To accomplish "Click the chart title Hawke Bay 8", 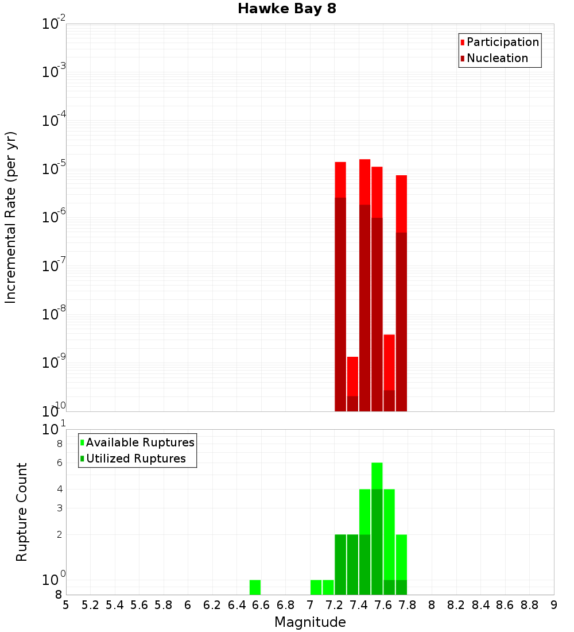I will coord(286,9).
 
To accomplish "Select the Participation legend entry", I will coord(503,42).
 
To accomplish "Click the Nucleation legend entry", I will coord(497,58).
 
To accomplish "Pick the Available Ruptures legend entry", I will coord(140,442).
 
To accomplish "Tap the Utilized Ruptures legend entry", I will coord(135,458).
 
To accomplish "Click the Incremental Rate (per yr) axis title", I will coord(11,217).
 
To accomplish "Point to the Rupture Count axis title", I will coord(22,512).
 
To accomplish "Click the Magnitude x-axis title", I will coord(310,622).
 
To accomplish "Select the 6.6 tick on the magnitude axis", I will coord(261,604).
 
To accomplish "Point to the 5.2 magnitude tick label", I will coord(90,604).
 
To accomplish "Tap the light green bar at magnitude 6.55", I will coord(255,587).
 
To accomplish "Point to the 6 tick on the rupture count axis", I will coord(59,463).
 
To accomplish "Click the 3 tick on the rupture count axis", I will coord(59,508).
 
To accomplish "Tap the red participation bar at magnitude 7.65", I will coord(389,362).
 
